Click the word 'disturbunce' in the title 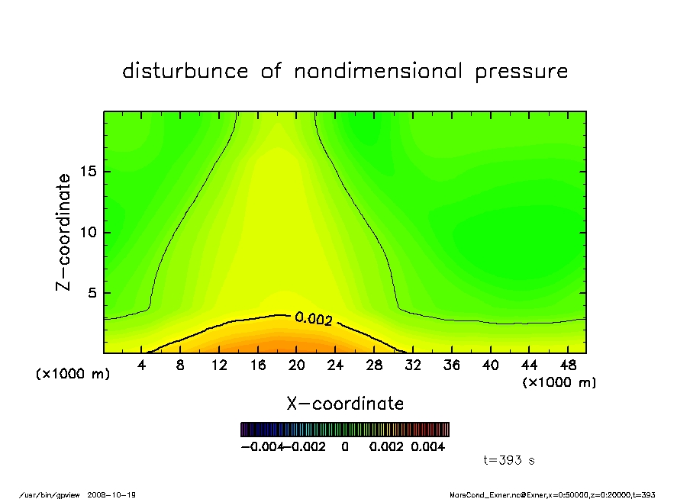(185, 72)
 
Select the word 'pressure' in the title (521, 72)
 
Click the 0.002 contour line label (314, 319)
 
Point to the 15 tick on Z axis (88, 172)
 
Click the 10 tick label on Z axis (88, 232)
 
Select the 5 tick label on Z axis (92, 293)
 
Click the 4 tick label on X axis (142, 365)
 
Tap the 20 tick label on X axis (297, 365)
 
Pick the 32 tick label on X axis (413, 365)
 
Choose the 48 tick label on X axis (568, 365)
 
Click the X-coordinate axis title (345, 404)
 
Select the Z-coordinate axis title (64, 232)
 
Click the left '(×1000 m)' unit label (73, 375)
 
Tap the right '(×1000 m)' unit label (559, 382)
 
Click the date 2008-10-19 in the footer (117, 494)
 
